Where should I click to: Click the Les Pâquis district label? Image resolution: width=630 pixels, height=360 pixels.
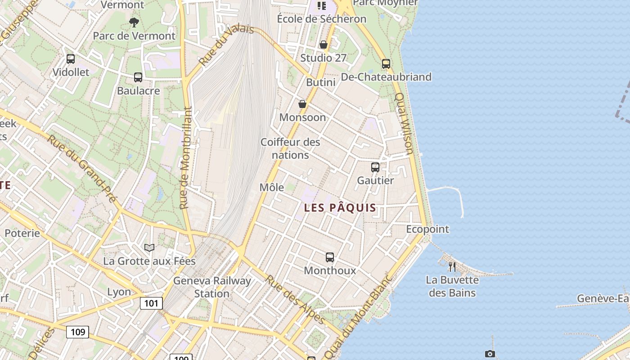(340, 208)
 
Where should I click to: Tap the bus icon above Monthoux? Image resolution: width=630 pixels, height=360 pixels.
(330, 257)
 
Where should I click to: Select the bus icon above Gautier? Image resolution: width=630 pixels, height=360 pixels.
(375, 167)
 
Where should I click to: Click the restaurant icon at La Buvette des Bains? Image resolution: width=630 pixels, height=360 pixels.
(452, 267)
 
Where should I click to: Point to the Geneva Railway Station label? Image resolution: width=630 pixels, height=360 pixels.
(212, 287)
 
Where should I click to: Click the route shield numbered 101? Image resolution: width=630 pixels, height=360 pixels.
(151, 303)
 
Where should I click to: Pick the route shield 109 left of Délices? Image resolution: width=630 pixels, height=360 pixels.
(78, 332)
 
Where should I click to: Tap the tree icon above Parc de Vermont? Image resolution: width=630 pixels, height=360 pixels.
(134, 22)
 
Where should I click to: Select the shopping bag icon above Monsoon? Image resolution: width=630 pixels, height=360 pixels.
(302, 104)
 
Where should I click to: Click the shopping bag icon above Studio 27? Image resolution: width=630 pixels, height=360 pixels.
(323, 45)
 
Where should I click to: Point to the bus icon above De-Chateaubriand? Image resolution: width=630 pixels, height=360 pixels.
(386, 64)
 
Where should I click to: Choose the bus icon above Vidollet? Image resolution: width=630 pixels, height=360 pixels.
(71, 59)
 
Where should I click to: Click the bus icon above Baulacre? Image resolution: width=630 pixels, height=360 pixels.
(138, 77)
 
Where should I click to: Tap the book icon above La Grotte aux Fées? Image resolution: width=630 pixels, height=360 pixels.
(149, 247)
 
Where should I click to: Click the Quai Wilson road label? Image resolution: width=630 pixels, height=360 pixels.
(404, 123)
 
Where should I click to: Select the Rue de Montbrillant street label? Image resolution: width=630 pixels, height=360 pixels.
(185, 157)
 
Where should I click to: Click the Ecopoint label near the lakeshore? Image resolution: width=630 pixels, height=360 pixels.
(427, 229)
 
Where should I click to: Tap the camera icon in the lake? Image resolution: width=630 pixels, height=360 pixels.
(490, 354)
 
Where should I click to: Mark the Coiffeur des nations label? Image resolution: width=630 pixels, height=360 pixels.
(291, 148)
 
